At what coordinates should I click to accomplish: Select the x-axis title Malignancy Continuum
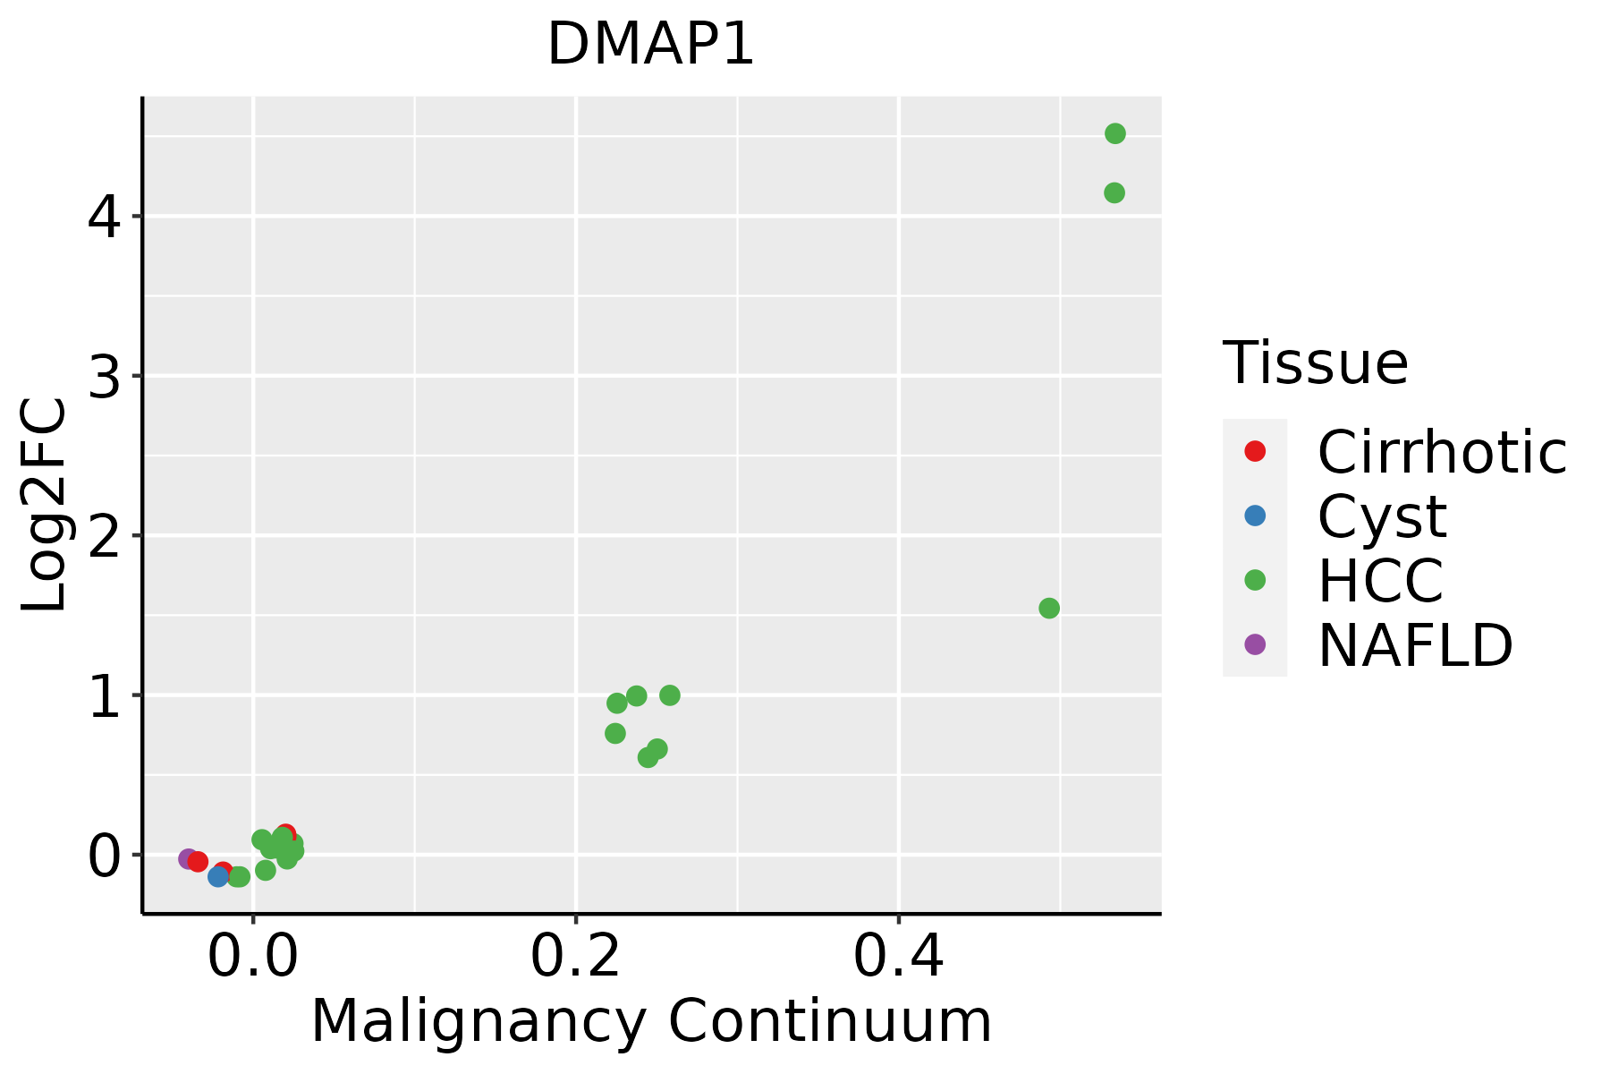point(651,1022)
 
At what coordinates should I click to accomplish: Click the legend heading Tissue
point(1315,363)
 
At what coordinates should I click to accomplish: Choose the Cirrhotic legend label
point(1442,452)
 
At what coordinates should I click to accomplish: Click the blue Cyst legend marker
point(1255,516)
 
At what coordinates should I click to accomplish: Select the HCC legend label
point(1380,581)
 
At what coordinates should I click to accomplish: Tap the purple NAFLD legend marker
point(1255,644)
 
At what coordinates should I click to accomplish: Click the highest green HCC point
point(1114,133)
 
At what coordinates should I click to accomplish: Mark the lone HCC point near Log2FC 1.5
point(1049,609)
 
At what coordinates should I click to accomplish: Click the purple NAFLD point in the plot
point(188,858)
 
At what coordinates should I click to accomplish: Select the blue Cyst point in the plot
point(218,876)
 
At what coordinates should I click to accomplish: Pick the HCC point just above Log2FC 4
point(1114,192)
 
